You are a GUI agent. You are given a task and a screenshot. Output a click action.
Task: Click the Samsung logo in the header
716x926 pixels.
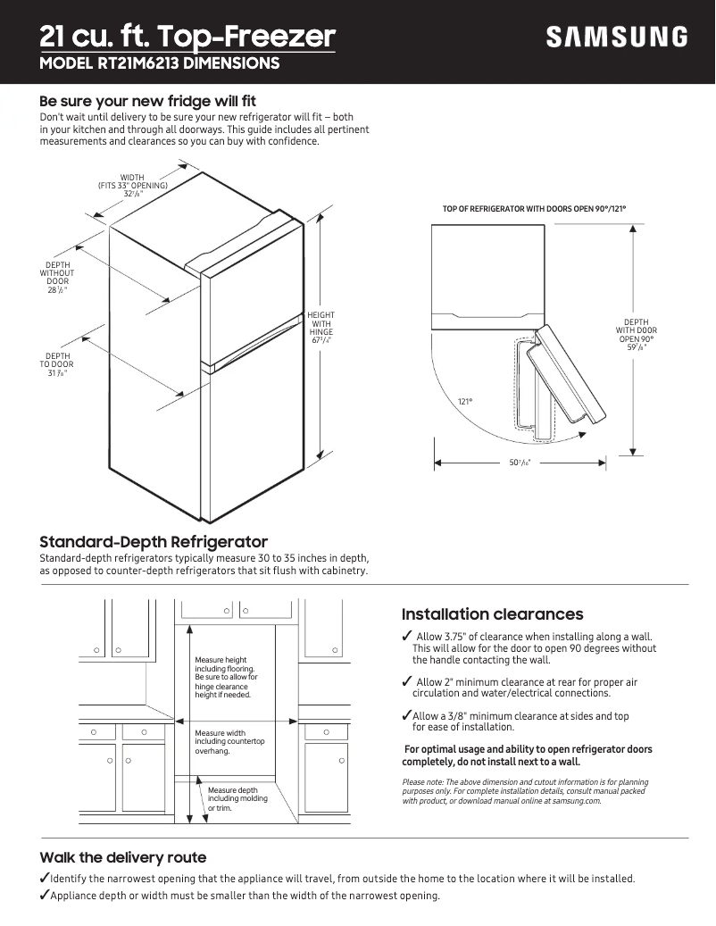click(617, 38)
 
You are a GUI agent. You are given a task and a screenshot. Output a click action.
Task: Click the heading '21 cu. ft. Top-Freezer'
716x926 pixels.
click(187, 37)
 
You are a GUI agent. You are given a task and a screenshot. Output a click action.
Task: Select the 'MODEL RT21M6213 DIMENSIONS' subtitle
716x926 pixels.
click(160, 63)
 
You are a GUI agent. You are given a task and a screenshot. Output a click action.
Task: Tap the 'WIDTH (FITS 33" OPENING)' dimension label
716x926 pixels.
click(132, 186)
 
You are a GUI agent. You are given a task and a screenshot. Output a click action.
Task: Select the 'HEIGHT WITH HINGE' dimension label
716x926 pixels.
click(321, 328)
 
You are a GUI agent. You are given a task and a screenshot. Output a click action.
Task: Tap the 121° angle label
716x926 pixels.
click(464, 402)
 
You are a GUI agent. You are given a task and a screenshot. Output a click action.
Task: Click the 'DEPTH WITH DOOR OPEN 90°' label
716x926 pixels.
click(637, 335)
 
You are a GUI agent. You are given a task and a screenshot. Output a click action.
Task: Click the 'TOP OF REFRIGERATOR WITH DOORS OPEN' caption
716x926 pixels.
click(534, 209)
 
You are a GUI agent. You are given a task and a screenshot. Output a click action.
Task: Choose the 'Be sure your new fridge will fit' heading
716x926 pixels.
click(147, 101)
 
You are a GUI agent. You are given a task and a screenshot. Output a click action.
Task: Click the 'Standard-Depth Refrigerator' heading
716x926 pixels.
click(154, 542)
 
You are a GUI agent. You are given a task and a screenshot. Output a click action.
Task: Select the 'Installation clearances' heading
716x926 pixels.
click(492, 614)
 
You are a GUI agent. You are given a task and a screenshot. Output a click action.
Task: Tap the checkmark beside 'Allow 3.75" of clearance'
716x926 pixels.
click(407, 636)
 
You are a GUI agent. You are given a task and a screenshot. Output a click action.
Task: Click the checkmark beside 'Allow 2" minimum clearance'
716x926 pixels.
click(407, 682)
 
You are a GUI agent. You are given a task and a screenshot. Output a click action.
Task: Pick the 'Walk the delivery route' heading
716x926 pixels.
click(122, 857)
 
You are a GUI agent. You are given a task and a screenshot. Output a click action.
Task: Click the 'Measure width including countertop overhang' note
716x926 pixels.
click(229, 742)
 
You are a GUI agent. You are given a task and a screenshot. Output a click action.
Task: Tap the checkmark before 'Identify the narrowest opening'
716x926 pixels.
click(45, 878)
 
